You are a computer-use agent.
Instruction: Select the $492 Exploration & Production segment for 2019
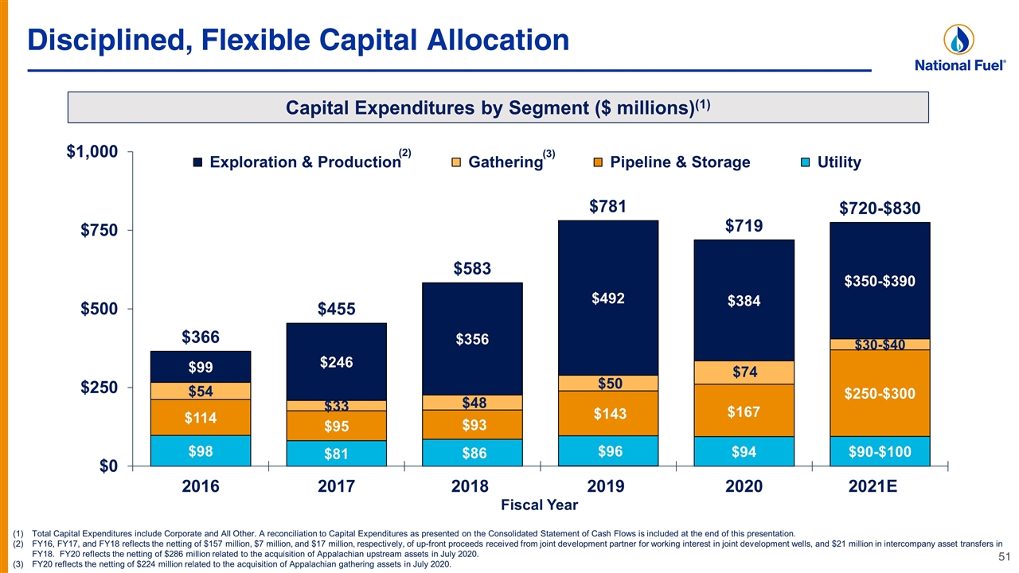(x=608, y=298)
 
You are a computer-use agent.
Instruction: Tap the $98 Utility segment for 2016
(x=201, y=450)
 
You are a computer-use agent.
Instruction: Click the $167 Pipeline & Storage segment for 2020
(x=744, y=411)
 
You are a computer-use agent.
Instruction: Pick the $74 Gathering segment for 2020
(x=744, y=372)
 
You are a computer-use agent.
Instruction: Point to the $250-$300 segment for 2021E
(x=880, y=393)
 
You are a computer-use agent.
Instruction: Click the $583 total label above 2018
(x=472, y=268)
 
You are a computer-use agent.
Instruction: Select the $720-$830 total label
(x=880, y=209)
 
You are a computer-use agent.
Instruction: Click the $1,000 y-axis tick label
(x=92, y=151)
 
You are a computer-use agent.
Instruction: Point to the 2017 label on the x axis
(x=336, y=486)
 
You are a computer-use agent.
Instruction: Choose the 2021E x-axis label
(x=873, y=486)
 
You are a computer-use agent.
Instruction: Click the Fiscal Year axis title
(x=539, y=505)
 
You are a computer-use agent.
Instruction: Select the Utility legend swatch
(x=805, y=162)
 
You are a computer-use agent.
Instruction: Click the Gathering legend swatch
(x=456, y=162)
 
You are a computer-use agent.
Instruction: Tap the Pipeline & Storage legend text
(x=680, y=162)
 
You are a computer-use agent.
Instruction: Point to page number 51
(x=1005, y=556)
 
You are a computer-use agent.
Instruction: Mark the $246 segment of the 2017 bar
(x=336, y=362)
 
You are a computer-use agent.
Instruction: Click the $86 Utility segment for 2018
(x=472, y=453)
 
